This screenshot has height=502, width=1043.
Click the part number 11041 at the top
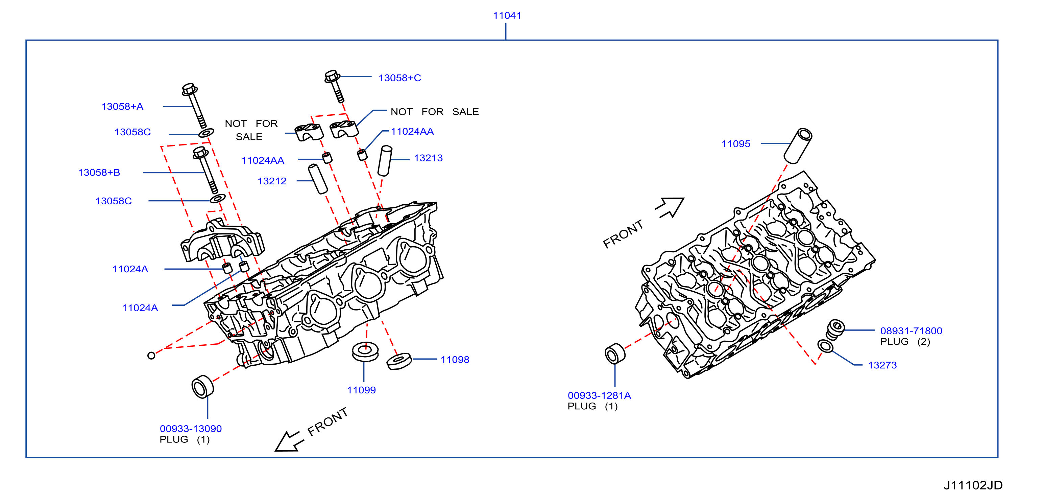click(x=507, y=16)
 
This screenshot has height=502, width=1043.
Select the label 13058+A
click(x=122, y=107)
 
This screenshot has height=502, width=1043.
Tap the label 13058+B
click(x=99, y=173)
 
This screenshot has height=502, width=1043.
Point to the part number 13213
click(x=428, y=158)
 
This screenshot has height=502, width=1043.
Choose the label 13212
click(x=272, y=181)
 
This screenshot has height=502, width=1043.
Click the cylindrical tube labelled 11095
click(x=798, y=146)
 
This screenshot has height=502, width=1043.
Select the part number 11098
click(x=455, y=360)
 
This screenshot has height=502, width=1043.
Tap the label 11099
click(x=361, y=390)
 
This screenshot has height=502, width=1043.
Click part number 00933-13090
click(x=191, y=429)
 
